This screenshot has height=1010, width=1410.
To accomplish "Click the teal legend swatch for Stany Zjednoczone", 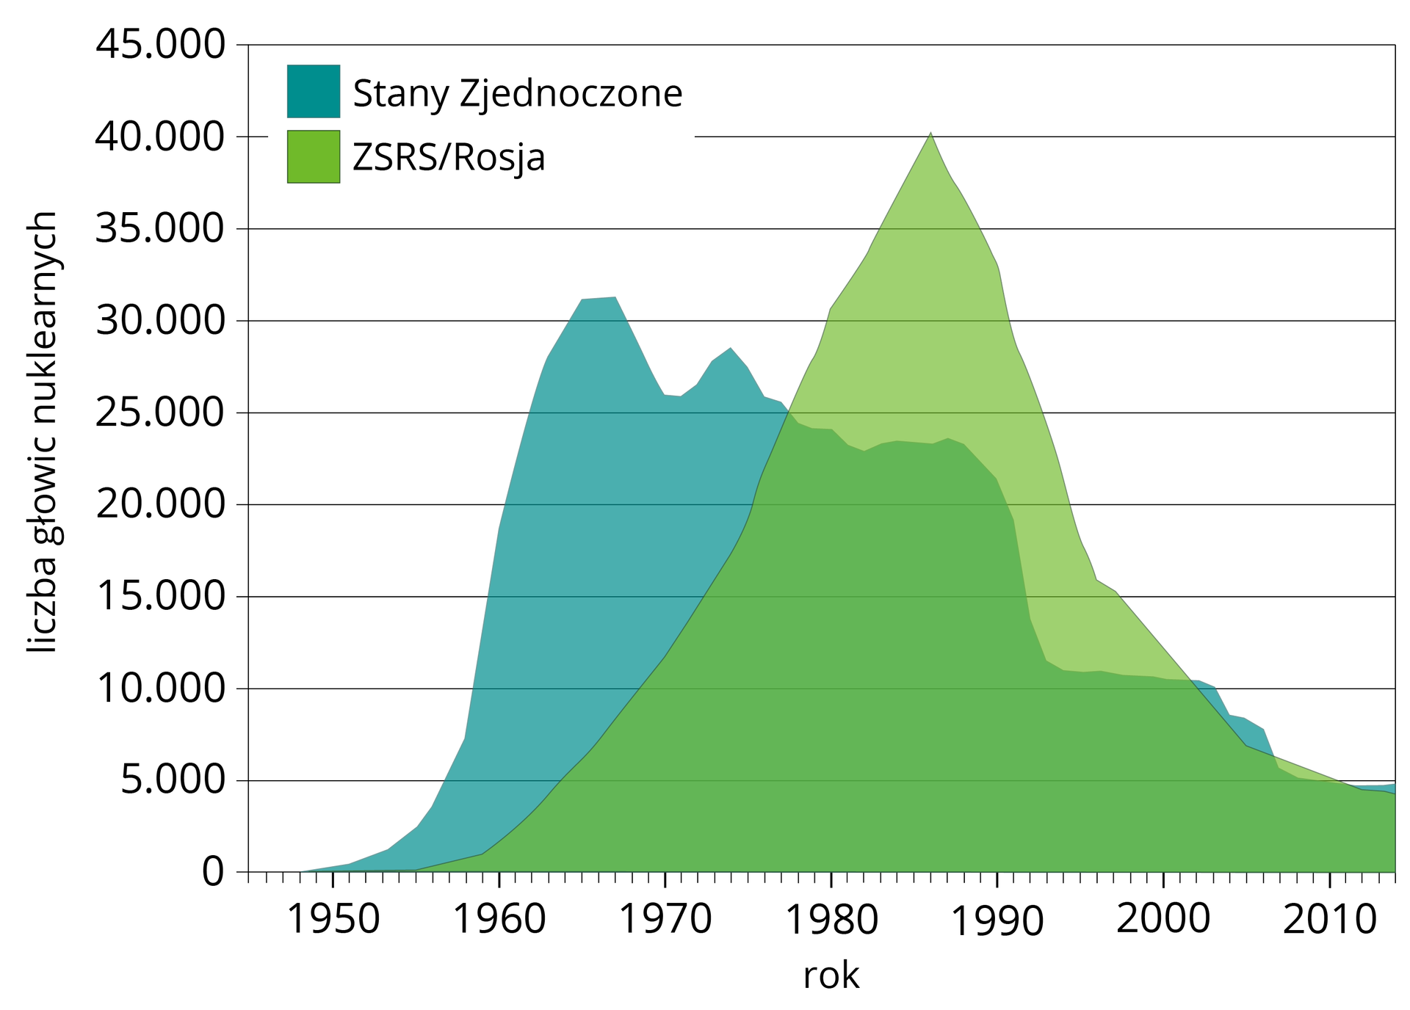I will (313, 91).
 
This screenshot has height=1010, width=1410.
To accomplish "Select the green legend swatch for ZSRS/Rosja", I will (313, 156).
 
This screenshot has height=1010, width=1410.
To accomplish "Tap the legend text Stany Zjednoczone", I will (518, 94).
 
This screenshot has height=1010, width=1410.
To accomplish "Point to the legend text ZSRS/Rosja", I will (449, 158).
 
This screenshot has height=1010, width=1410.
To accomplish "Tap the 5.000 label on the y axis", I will (173, 781).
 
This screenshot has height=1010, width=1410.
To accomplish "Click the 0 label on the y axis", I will (213, 873).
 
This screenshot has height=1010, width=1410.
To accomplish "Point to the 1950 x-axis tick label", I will (333, 920).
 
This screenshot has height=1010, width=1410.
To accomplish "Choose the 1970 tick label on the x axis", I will (665, 920).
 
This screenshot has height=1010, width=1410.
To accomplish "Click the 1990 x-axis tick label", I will (997, 921).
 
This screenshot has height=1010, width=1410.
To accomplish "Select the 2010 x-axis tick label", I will (1329, 920).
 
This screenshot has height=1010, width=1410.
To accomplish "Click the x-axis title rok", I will (831, 976).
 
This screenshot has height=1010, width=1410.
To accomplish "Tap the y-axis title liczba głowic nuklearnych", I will (43, 433).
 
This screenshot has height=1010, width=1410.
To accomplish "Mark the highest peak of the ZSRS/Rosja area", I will (930, 134).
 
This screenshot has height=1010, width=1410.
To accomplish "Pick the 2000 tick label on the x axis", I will (1163, 920).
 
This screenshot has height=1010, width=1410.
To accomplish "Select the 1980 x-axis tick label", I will (831, 920).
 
